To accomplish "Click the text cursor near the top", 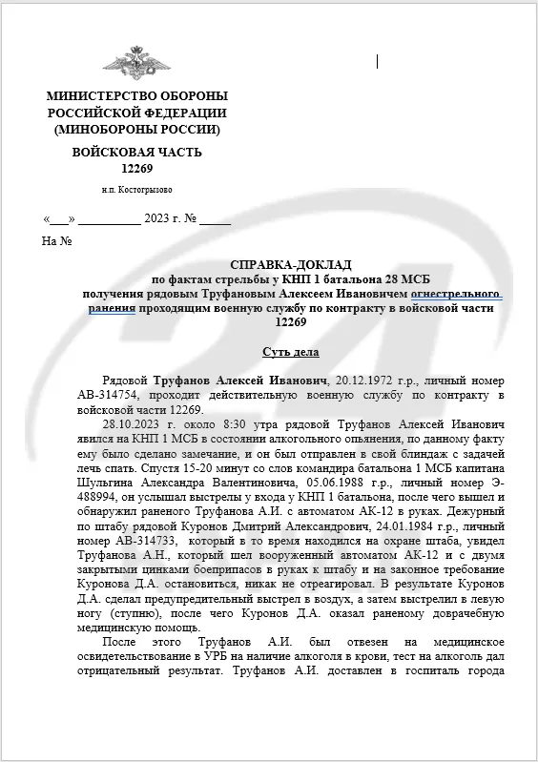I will tap(378, 62).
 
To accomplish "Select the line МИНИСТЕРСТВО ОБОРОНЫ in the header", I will tap(136, 96).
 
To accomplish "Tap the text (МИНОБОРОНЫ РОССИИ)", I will tap(136, 129).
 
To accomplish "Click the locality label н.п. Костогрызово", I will tap(136, 189).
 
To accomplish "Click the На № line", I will tap(57, 241).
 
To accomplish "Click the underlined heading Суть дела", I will tap(291, 352).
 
